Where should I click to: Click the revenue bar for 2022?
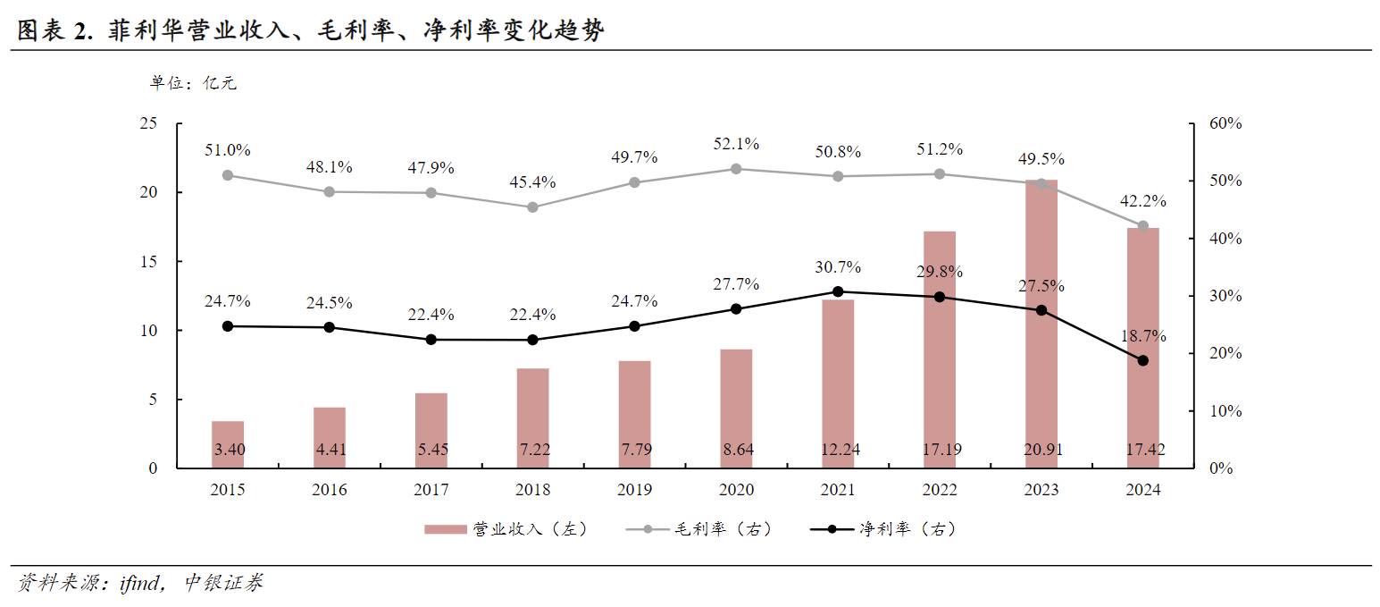pos(940,349)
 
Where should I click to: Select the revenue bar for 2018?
pos(533,417)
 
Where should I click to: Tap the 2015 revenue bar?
pos(228,444)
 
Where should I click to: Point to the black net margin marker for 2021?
pos(838,291)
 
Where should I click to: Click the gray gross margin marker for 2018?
pos(533,207)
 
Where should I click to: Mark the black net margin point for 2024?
pos(1142,360)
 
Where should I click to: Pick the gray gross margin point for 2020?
pos(737,169)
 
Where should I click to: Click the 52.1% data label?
pos(737,144)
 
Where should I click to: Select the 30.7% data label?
pos(838,267)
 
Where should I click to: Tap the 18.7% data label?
pos(1143,336)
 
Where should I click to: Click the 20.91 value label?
pos(1041,450)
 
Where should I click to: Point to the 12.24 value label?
pos(838,450)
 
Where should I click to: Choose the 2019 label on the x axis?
pos(634,490)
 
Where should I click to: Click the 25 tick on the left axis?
pos(148,123)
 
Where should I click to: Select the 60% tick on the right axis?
pos(1225,123)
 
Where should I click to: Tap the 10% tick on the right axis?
pos(1225,411)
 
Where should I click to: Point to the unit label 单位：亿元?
pos(193,84)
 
